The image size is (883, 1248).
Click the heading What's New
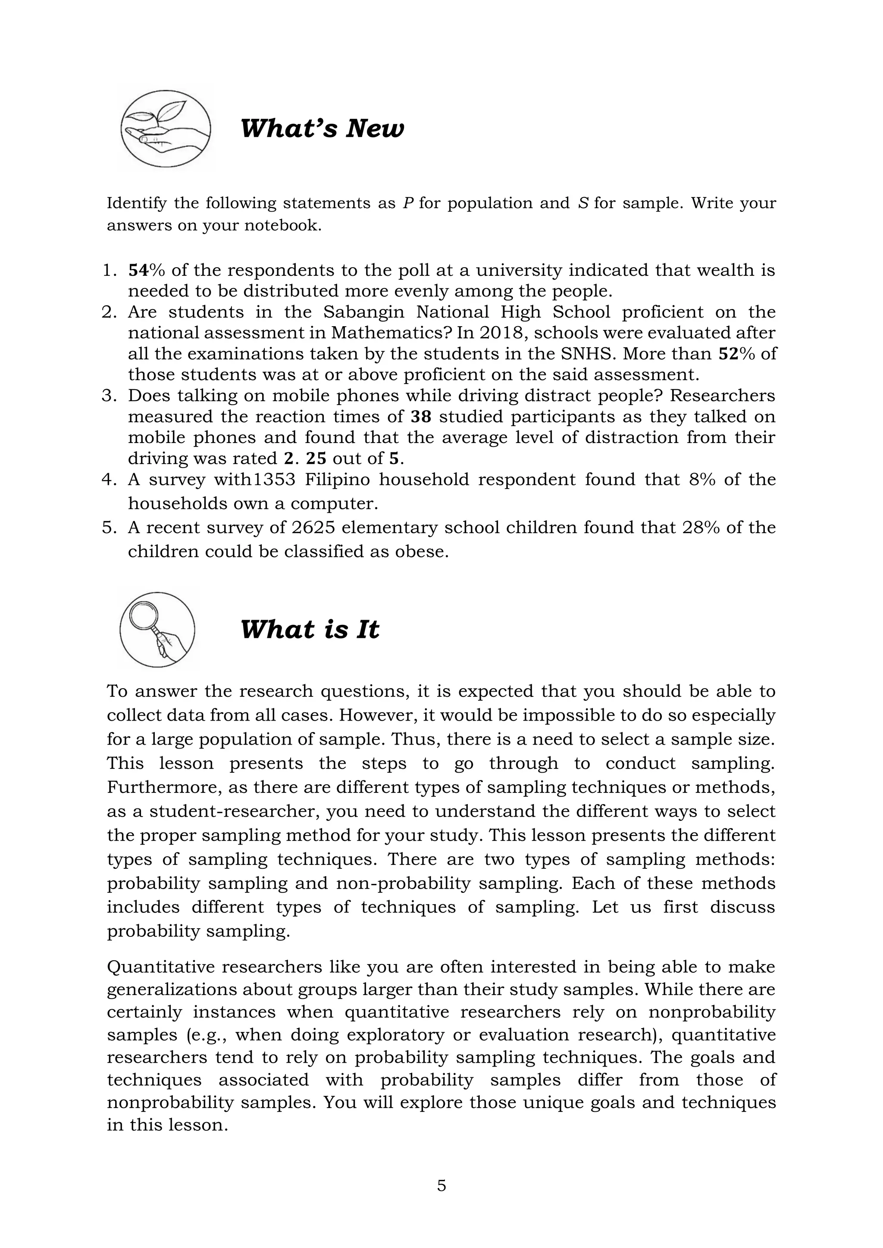coord(322,129)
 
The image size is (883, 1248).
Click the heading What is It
coord(310,630)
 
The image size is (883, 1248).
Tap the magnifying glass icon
coord(157,630)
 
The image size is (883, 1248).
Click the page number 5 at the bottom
coord(441,1186)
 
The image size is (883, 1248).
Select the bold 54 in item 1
coord(138,270)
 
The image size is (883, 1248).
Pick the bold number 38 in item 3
coord(421,417)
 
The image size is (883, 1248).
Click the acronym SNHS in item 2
coord(587,354)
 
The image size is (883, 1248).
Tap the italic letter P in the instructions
coord(408,203)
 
